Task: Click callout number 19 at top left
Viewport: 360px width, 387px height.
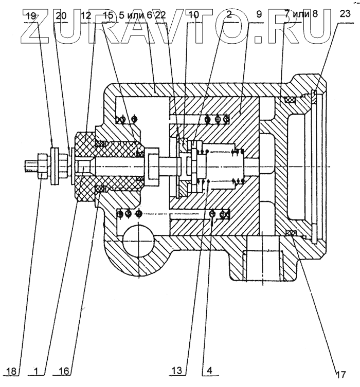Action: pos(31,16)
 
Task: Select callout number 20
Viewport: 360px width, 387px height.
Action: pos(61,16)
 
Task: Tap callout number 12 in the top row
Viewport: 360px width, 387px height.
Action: pos(86,16)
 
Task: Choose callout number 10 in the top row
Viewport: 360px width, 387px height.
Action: pos(193,16)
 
